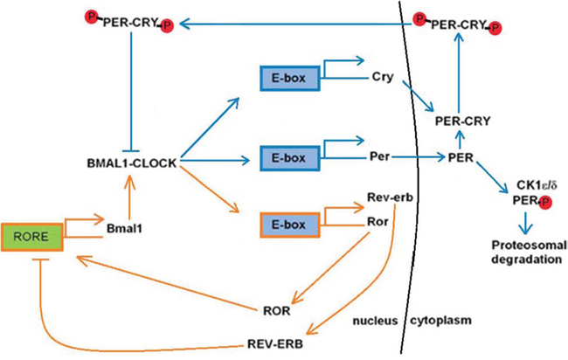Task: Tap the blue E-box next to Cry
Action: point(289,78)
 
